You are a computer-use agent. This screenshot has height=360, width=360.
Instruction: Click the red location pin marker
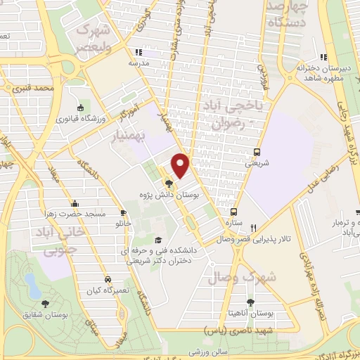coord(181,165)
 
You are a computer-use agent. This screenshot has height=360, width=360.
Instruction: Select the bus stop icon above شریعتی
coord(257,152)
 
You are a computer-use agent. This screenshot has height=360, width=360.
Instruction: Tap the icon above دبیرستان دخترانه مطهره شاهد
coord(323,57)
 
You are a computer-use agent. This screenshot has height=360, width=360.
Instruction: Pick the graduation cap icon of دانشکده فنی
coord(157,240)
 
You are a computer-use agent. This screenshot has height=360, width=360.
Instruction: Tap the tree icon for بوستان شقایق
coord(46,304)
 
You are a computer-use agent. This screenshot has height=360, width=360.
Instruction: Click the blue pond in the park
coord(32,284)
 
